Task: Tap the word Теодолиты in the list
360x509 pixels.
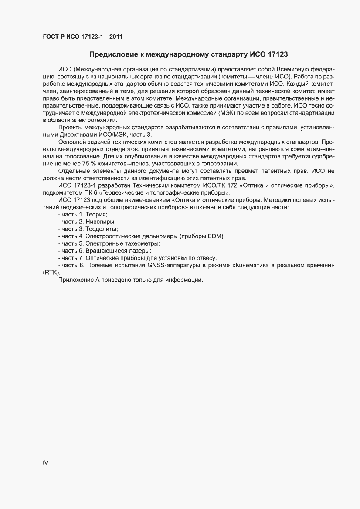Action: pyautogui.click(x=102, y=229)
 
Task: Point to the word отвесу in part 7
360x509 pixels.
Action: pyautogui.click(x=207, y=257)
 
